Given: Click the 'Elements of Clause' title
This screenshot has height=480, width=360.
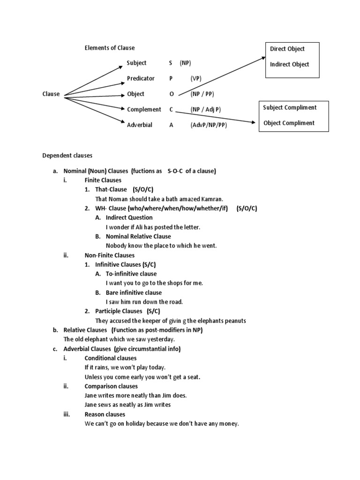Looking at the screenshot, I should coord(109,48).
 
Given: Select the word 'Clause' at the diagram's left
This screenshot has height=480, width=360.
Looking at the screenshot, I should coord(51,94).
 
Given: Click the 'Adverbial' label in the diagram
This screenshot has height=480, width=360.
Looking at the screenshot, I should coord(140,125).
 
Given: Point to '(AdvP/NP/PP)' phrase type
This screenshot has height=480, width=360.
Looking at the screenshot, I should coord(209,125).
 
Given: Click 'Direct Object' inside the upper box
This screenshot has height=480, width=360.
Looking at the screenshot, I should coord(287,49).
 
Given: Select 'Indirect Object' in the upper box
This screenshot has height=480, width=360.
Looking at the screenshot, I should coord(290,64).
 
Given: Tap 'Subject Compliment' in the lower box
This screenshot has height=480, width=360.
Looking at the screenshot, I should coord(290,107).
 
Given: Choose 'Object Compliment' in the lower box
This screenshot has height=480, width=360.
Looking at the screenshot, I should coord(289,123).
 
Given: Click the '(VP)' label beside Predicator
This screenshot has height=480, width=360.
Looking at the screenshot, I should coord(196,78).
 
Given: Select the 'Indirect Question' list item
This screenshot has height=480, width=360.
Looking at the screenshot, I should coord(129,217).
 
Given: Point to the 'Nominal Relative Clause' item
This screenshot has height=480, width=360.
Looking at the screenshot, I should coord(138,236).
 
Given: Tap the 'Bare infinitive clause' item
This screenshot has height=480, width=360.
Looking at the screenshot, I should coord(135,292).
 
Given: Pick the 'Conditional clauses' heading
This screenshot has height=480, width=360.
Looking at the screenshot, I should coord(111,358).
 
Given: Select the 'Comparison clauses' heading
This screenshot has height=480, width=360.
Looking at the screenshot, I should coord(111,386).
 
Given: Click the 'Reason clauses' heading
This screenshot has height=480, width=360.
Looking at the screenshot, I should coord(105,414).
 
